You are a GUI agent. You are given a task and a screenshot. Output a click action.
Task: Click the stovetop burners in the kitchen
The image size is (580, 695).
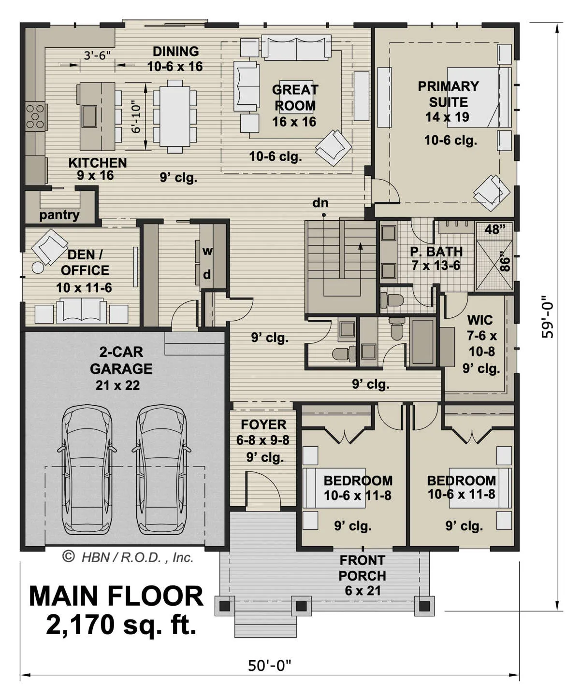click(35, 116)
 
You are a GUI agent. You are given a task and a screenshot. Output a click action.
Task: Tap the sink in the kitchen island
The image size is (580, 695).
click(89, 116)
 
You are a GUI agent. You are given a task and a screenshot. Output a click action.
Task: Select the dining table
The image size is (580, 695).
click(174, 116)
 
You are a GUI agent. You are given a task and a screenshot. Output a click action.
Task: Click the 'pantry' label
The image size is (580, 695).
click(59, 215)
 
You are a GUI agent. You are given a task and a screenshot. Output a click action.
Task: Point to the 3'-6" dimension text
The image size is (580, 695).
click(97, 55)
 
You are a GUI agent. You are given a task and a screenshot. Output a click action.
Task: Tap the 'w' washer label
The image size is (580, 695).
click(207, 251)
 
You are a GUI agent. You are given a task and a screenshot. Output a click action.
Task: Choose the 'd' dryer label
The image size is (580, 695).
click(207, 275)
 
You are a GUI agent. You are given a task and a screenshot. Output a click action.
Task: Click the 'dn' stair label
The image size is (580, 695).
click(320, 203)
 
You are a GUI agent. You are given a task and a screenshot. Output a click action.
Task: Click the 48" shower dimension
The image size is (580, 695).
click(495, 229)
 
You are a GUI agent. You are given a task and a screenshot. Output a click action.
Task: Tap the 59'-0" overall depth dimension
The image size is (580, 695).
click(547, 316)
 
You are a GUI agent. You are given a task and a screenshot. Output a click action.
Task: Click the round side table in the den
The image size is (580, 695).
click(38, 267)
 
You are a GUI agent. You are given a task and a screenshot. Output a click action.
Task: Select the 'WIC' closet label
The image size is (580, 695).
click(480, 320)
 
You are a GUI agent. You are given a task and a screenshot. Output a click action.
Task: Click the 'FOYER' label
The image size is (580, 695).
click(263, 425)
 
